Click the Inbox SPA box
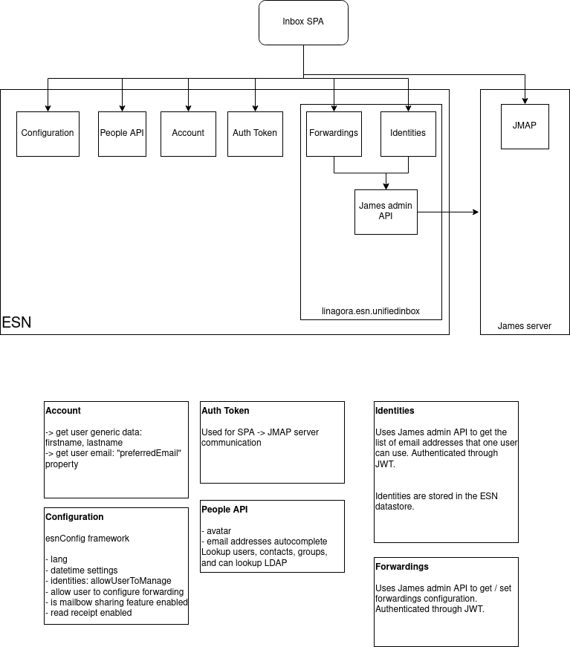click(x=303, y=22)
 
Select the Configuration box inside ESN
click(x=48, y=134)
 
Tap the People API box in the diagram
click(x=122, y=134)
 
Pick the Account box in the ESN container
click(x=188, y=134)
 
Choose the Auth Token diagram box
click(x=255, y=134)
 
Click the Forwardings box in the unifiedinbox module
click(x=333, y=134)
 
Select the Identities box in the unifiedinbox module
click(x=408, y=134)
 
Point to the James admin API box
click(x=386, y=212)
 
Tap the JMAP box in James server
click(x=525, y=126)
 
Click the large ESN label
click(x=16, y=323)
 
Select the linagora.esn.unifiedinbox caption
click(x=371, y=311)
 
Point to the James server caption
click(x=524, y=325)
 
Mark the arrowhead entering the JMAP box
click(x=525, y=100)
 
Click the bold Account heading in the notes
click(x=63, y=411)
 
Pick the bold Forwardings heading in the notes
click(x=402, y=567)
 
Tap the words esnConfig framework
click(x=87, y=539)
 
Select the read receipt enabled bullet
click(x=91, y=613)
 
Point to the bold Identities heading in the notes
click(x=395, y=411)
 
